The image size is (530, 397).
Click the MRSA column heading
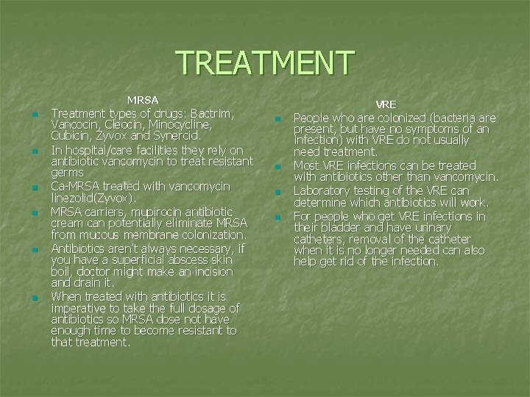coord(144,99)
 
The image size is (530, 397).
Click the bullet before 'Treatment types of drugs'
coord(34,115)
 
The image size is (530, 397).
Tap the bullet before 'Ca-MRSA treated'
coord(34,187)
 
